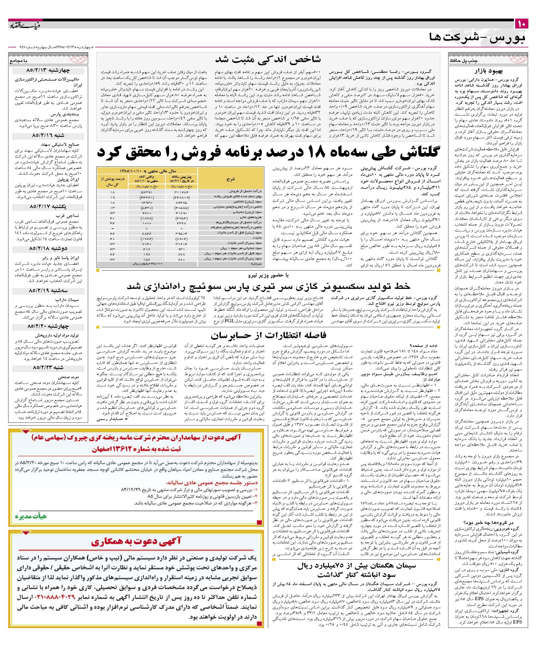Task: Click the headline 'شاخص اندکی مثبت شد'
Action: pos(268,59)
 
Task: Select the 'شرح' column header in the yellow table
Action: pos(231,179)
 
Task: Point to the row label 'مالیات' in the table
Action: pos(257,238)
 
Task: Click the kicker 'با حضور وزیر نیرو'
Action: pos(268,275)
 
